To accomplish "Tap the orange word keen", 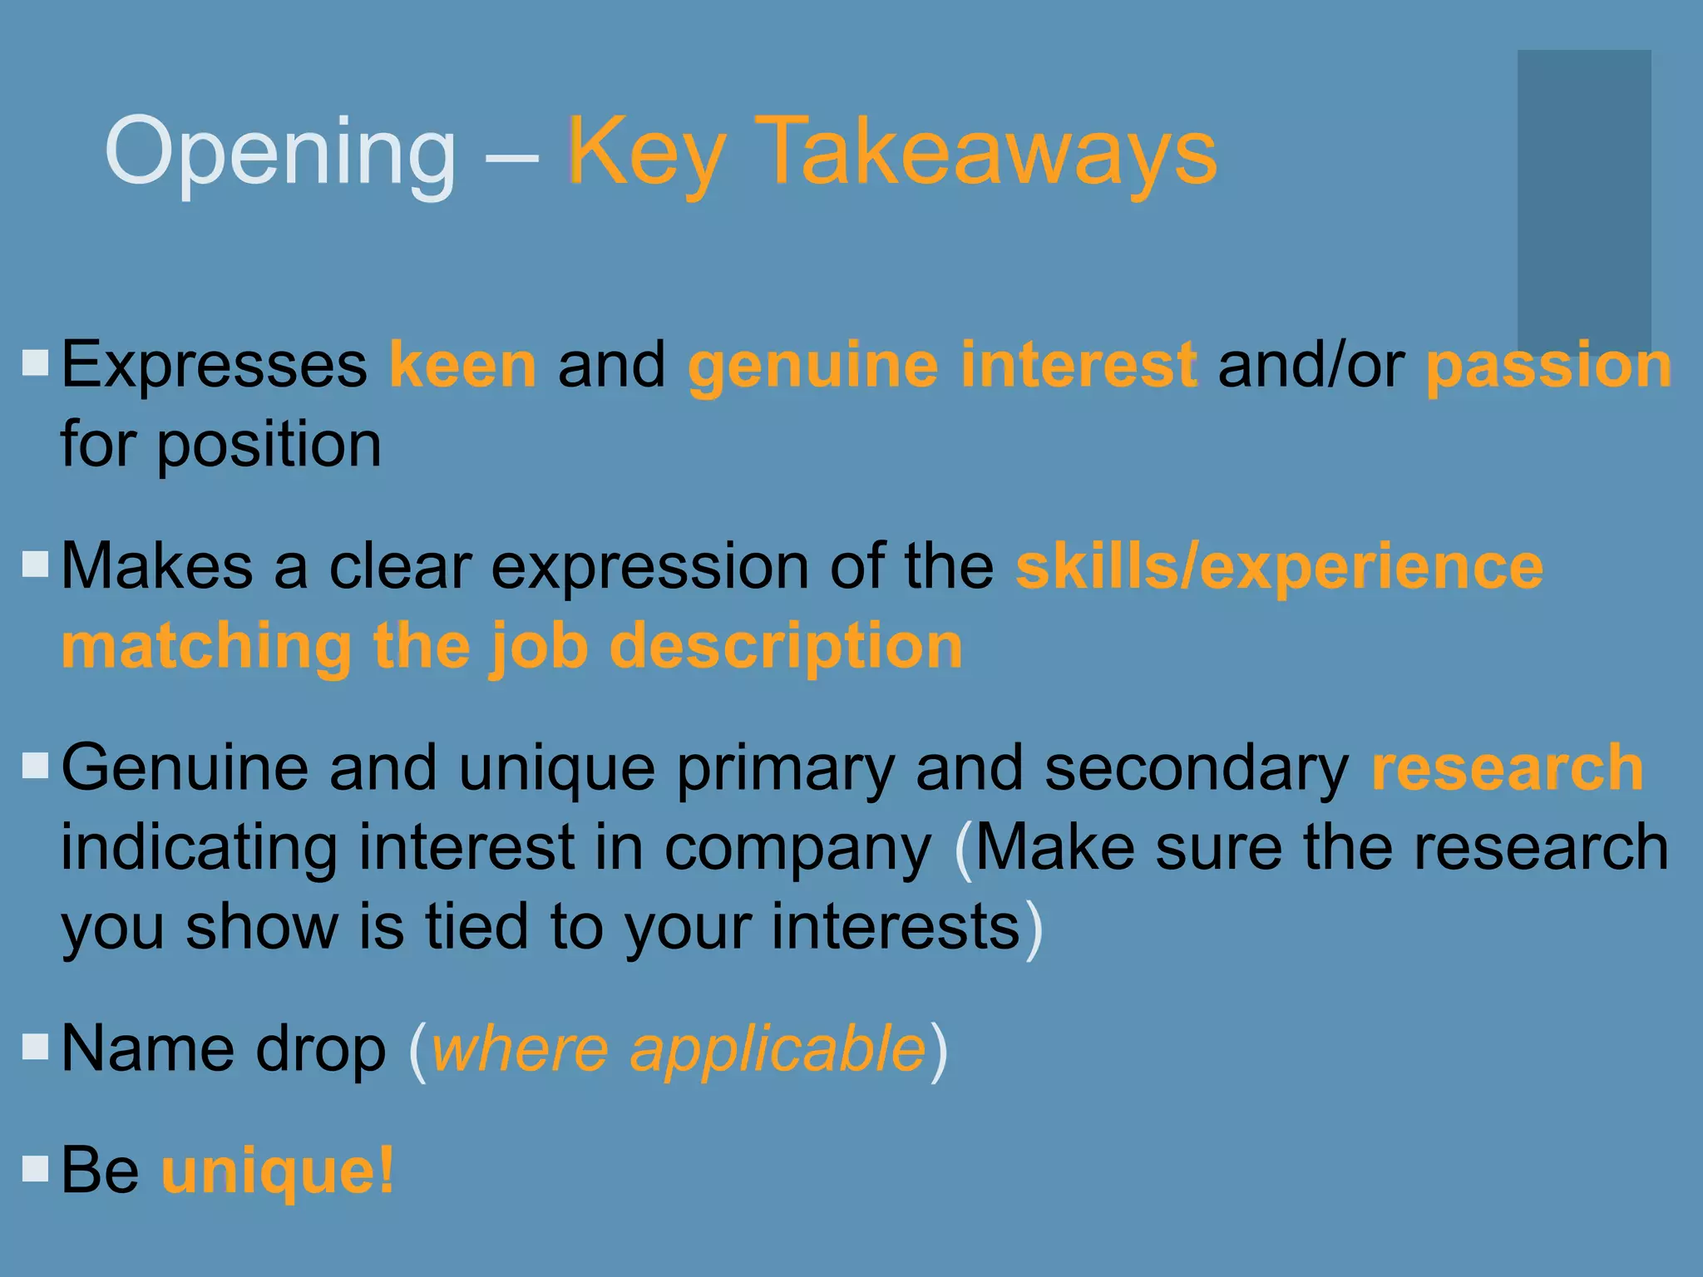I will point(462,365).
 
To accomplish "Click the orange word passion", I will point(1548,365).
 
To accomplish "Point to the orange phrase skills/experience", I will point(1279,567).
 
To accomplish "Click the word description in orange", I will point(786,646).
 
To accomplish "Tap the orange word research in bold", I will point(1507,768).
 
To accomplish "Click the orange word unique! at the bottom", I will point(278,1171).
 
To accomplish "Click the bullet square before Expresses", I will point(36,362).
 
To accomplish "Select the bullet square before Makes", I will point(36,565).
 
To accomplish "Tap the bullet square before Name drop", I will point(36,1047).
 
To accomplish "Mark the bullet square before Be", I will point(36,1168).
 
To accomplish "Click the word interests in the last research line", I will point(895,927).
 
